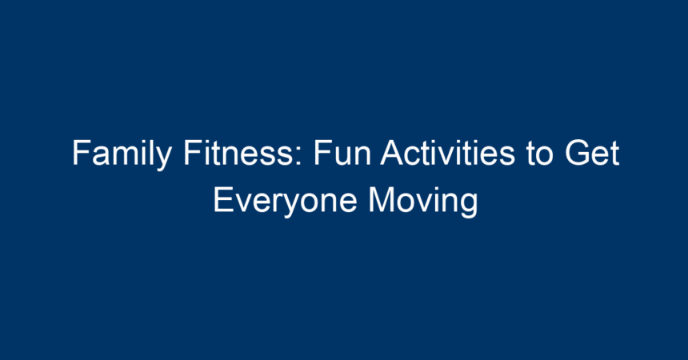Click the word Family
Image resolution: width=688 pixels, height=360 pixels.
click(122, 154)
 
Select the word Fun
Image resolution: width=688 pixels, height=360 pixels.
click(342, 153)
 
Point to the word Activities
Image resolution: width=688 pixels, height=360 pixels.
click(447, 152)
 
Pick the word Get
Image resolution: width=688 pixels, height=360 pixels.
click(592, 153)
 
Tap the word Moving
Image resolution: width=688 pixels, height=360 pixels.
click(423, 202)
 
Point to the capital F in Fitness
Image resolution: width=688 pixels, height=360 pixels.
click(193, 153)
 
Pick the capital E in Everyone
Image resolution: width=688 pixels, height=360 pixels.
click(223, 200)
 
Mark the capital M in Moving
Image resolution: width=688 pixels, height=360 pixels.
click(381, 200)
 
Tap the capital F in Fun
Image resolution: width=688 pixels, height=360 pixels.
click(322, 153)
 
